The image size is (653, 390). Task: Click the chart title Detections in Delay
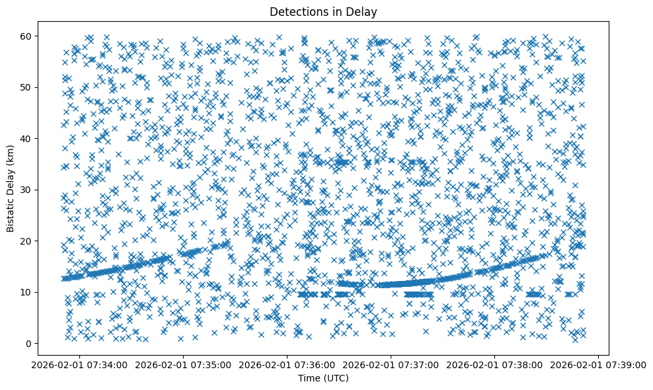pos(323,11)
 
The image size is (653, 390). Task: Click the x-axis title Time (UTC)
pos(323,378)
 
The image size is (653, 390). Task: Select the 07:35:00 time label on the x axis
pos(183,364)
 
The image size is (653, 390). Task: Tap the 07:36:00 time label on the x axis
pos(287,364)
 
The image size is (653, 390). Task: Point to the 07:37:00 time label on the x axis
pos(391,364)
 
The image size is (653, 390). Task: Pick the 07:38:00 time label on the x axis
pos(494,364)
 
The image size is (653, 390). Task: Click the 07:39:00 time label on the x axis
pos(598,364)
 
